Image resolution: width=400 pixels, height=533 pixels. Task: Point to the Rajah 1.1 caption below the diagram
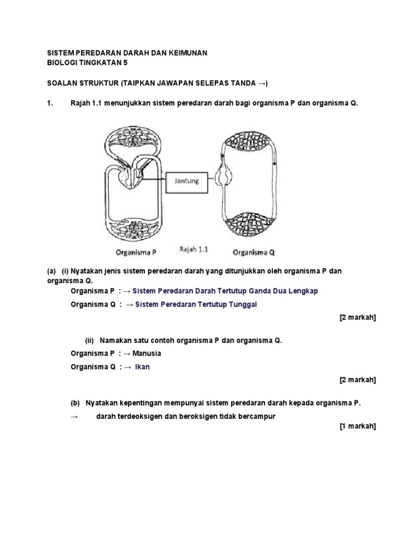tap(194, 249)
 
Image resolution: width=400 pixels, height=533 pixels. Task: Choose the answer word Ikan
tap(142, 367)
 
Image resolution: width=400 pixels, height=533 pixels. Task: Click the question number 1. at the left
tap(51, 103)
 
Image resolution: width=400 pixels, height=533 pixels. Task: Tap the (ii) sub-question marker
tap(90, 340)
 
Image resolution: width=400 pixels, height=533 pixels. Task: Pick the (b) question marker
tap(76, 403)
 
